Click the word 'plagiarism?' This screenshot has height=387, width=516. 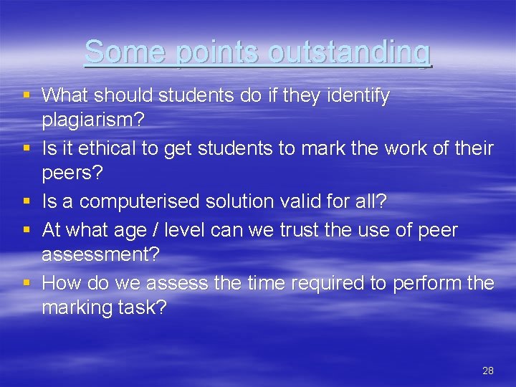93,120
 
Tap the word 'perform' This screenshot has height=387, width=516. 428,283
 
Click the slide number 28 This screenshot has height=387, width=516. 488,371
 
